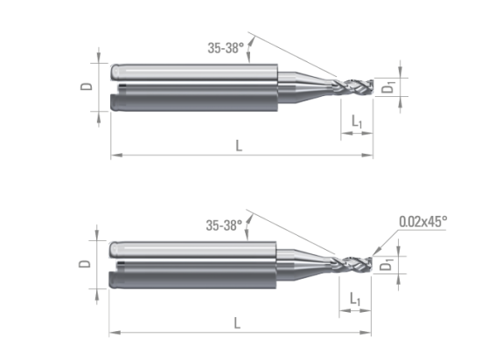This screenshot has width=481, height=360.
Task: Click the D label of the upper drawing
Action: (x=85, y=86)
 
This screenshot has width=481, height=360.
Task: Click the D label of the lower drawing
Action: (x=85, y=264)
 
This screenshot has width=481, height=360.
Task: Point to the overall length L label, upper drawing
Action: (x=240, y=146)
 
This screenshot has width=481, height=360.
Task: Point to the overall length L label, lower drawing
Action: (x=240, y=323)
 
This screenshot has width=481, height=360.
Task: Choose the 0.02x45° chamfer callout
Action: (x=423, y=222)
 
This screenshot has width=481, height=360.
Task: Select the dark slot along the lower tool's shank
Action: (x=197, y=264)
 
